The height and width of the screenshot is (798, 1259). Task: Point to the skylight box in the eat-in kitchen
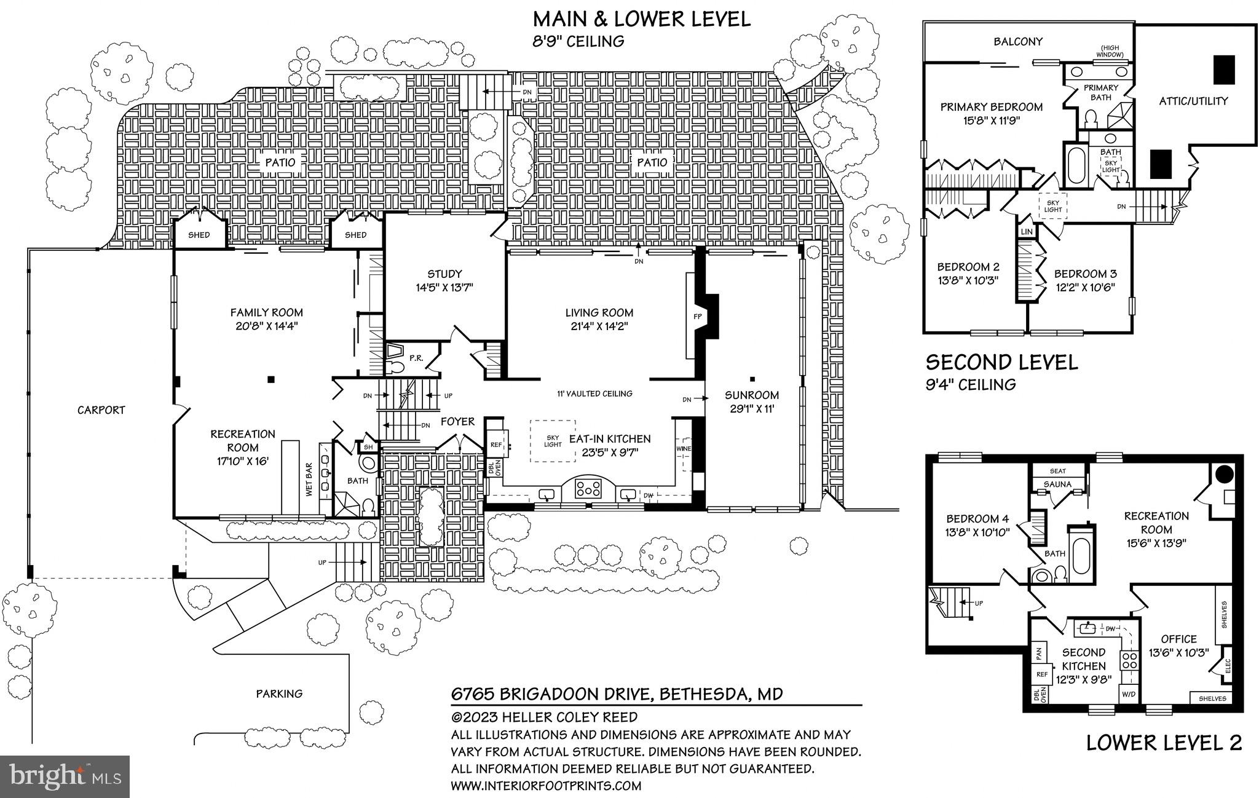coord(553,441)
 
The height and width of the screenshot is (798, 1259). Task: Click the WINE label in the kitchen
coord(683,449)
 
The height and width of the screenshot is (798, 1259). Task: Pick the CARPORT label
coord(101,410)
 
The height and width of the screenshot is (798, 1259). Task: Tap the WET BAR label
coord(309,480)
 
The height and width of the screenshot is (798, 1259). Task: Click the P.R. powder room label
coord(416,358)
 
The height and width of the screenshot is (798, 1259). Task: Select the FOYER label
coord(457,422)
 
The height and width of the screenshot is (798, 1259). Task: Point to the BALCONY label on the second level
coord(1018,42)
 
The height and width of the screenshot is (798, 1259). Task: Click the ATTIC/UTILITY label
coord(1193,101)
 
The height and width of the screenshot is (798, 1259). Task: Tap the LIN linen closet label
coord(1026,232)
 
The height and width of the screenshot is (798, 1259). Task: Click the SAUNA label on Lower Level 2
coord(1057,484)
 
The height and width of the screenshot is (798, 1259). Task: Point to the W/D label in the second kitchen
coord(1129,695)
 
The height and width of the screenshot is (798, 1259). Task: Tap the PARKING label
coord(279,693)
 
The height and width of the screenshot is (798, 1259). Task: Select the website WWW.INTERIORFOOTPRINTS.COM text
coord(546,785)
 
